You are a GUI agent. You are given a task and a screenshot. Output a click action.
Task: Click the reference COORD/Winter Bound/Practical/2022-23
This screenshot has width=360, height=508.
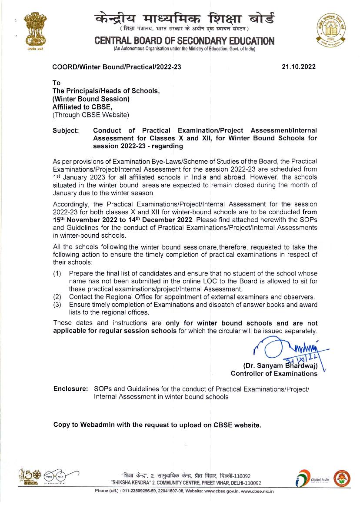point(117,67)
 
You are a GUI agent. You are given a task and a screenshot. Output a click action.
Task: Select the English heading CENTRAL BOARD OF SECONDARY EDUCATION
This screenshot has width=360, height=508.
point(184,41)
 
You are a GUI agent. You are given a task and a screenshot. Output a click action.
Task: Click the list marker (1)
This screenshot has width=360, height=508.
point(57,273)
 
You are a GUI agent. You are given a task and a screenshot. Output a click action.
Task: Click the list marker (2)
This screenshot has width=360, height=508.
point(57,297)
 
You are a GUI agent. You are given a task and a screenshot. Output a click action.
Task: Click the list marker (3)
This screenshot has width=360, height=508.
point(57,305)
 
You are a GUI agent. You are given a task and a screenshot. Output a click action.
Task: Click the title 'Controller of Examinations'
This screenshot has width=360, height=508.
point(274,374)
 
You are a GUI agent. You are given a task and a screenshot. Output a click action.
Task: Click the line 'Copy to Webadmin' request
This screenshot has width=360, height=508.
point(157,425)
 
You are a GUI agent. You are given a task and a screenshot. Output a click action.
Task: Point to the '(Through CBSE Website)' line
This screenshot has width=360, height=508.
point(91,115)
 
